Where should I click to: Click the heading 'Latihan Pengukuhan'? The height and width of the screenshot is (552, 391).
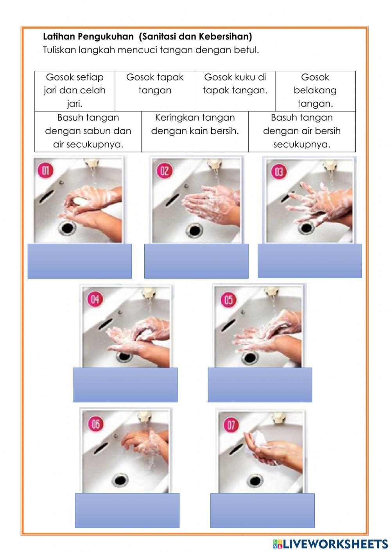click(88, 37)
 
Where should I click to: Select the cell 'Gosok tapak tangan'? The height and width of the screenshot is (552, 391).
click(155, 84)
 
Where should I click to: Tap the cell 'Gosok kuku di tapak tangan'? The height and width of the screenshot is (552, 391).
click(235, 84)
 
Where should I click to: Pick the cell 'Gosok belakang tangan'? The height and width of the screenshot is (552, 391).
click(315, 90)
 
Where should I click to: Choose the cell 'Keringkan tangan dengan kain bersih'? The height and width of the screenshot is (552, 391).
click(195, 124)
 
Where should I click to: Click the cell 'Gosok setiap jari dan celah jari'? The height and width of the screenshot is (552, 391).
click(75, 90)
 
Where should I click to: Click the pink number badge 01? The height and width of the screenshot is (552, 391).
click(45, 171)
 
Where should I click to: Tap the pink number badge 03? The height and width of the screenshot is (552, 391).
click(278, 171)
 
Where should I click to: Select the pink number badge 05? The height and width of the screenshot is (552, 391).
click(229, 300)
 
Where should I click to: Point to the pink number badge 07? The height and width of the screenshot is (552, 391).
click(231, 425)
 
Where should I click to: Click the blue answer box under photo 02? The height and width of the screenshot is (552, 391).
click(196, 261)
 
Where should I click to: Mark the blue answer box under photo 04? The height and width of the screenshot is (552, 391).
click(126, 385)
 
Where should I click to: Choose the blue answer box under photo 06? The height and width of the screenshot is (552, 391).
click(127, 510)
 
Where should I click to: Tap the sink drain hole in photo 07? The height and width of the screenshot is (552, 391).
click(255, 479)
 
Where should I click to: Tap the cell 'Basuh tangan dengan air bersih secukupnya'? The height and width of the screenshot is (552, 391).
click(301, 131)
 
